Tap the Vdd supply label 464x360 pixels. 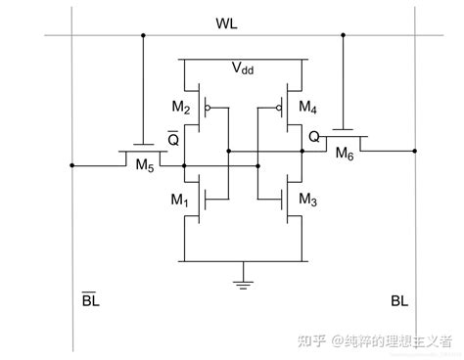coord(244,68)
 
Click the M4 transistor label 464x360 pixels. coord(306,106)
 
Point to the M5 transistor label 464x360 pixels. coord(143,165)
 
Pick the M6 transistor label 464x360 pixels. coord(345,153)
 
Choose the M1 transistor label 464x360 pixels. coord(178,201)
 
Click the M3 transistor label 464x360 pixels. coord(306,201)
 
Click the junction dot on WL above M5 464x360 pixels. coord(143,35)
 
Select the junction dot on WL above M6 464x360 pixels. coord(344,35)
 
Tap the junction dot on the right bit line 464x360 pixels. coord(415,152)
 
